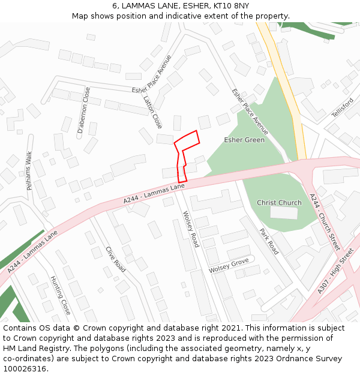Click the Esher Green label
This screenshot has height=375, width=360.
pyautogui.click(x=244, y=140)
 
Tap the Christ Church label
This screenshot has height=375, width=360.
pyautogui.click(x=279, y=203)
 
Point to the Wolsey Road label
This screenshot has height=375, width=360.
pyautogui.click(x=191, y=229)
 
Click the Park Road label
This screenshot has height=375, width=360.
pyautogui.click(x=269, y=241)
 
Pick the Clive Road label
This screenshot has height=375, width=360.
pyautogui.click(x=115, y=259)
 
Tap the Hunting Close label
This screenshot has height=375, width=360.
pyautogui.click(x=61, y=295)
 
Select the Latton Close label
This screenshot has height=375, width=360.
pyautogui.click(x=153, y=113)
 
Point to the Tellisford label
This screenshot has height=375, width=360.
pyautogui.click(x=344, y=107)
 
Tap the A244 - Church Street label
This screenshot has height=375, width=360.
pyautogui.click(x=325, y=221)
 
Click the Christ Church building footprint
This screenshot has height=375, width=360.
pyautogui.click(x=284, y=212)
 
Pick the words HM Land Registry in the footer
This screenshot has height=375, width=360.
pyautogui.click(x=30, y=348)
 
